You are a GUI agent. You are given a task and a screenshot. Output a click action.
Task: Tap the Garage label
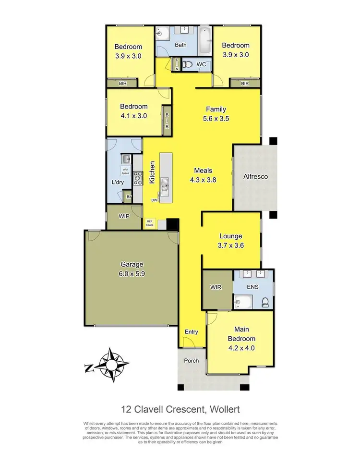point(132,264)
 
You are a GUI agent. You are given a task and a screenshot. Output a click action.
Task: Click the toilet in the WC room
point(188,64)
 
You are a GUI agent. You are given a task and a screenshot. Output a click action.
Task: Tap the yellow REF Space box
point(150,222)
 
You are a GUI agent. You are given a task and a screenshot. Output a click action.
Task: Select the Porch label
point(192,361)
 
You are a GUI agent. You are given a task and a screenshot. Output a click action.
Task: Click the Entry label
point(191,331)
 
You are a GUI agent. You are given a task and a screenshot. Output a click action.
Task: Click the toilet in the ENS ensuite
point(265,302)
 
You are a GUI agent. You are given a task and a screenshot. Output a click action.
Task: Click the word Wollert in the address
point(222,409)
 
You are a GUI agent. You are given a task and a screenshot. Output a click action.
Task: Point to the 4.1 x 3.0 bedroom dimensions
point(134,115)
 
